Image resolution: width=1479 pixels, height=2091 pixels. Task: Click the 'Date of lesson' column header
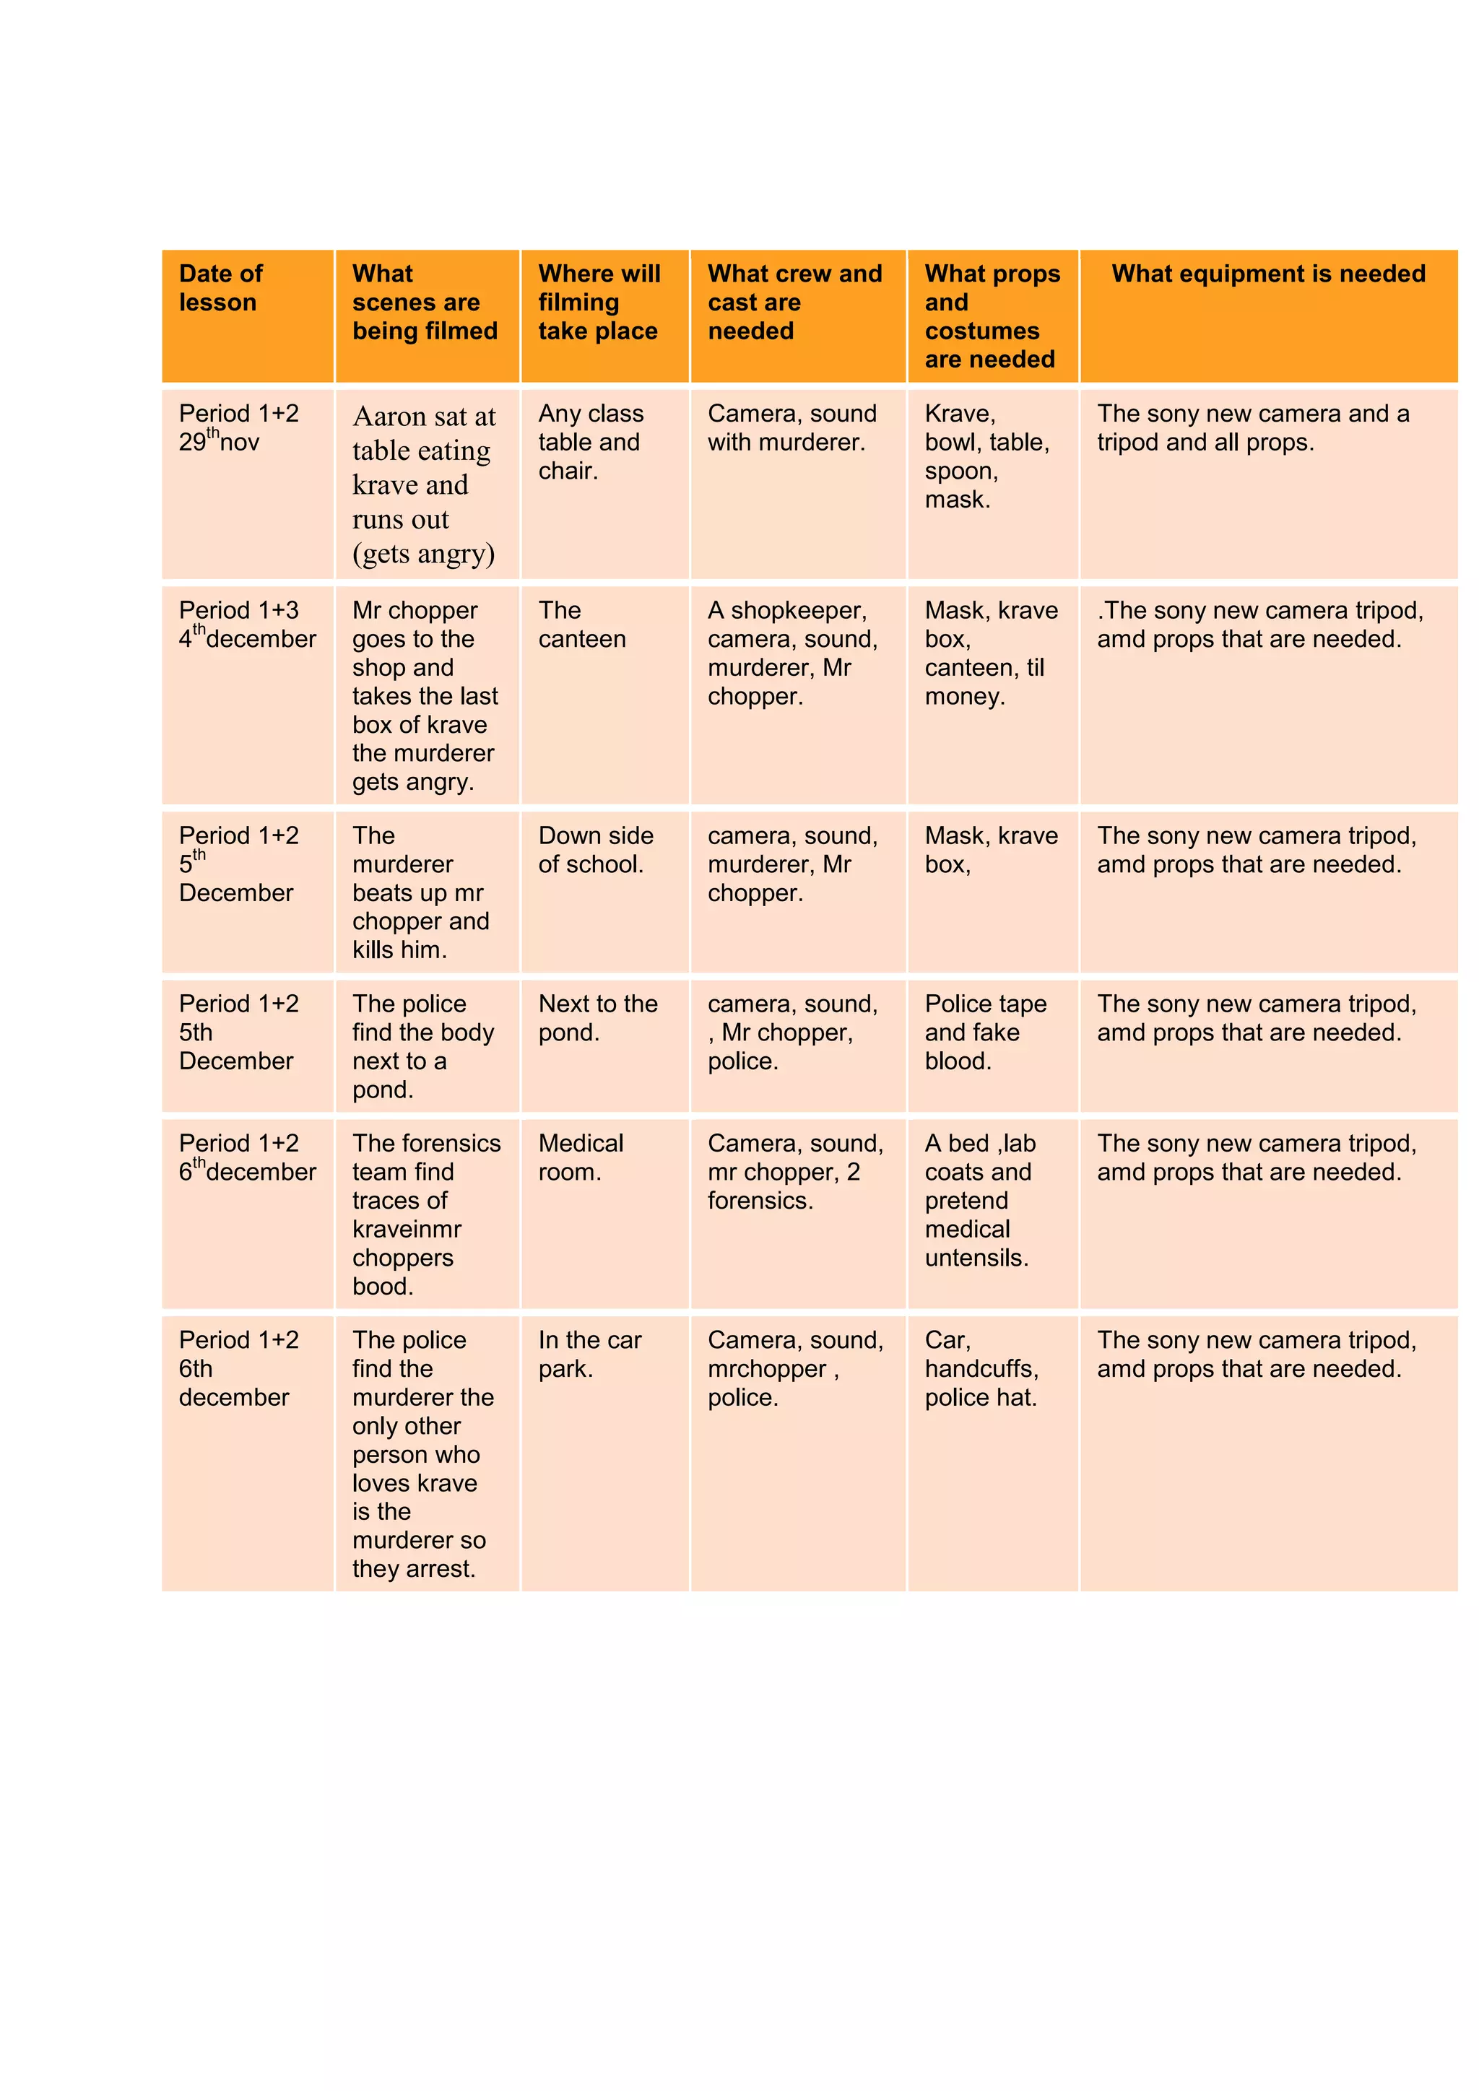pos(220,288)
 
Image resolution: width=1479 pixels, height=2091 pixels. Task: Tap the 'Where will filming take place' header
pos(599,303)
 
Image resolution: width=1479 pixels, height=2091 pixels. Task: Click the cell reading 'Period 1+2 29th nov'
pos(238,428)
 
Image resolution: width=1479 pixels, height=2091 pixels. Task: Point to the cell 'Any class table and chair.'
pos(590,442)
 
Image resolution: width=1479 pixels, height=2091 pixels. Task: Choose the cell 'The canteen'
pos(582,625)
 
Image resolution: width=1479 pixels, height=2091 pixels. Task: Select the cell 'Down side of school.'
pos(596,850)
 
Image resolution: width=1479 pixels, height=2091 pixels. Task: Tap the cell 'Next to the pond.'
pos(597,1018)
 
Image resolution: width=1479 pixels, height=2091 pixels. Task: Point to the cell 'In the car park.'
pos(589,1355)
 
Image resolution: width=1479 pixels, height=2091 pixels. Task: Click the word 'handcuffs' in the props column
pos(980,1369)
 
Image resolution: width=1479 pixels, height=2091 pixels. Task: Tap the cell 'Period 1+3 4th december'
pos(247,625)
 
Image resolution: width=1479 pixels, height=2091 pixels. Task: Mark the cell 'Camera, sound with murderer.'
pos(791,428)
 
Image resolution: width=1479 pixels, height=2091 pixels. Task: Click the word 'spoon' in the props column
pos(959,471)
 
